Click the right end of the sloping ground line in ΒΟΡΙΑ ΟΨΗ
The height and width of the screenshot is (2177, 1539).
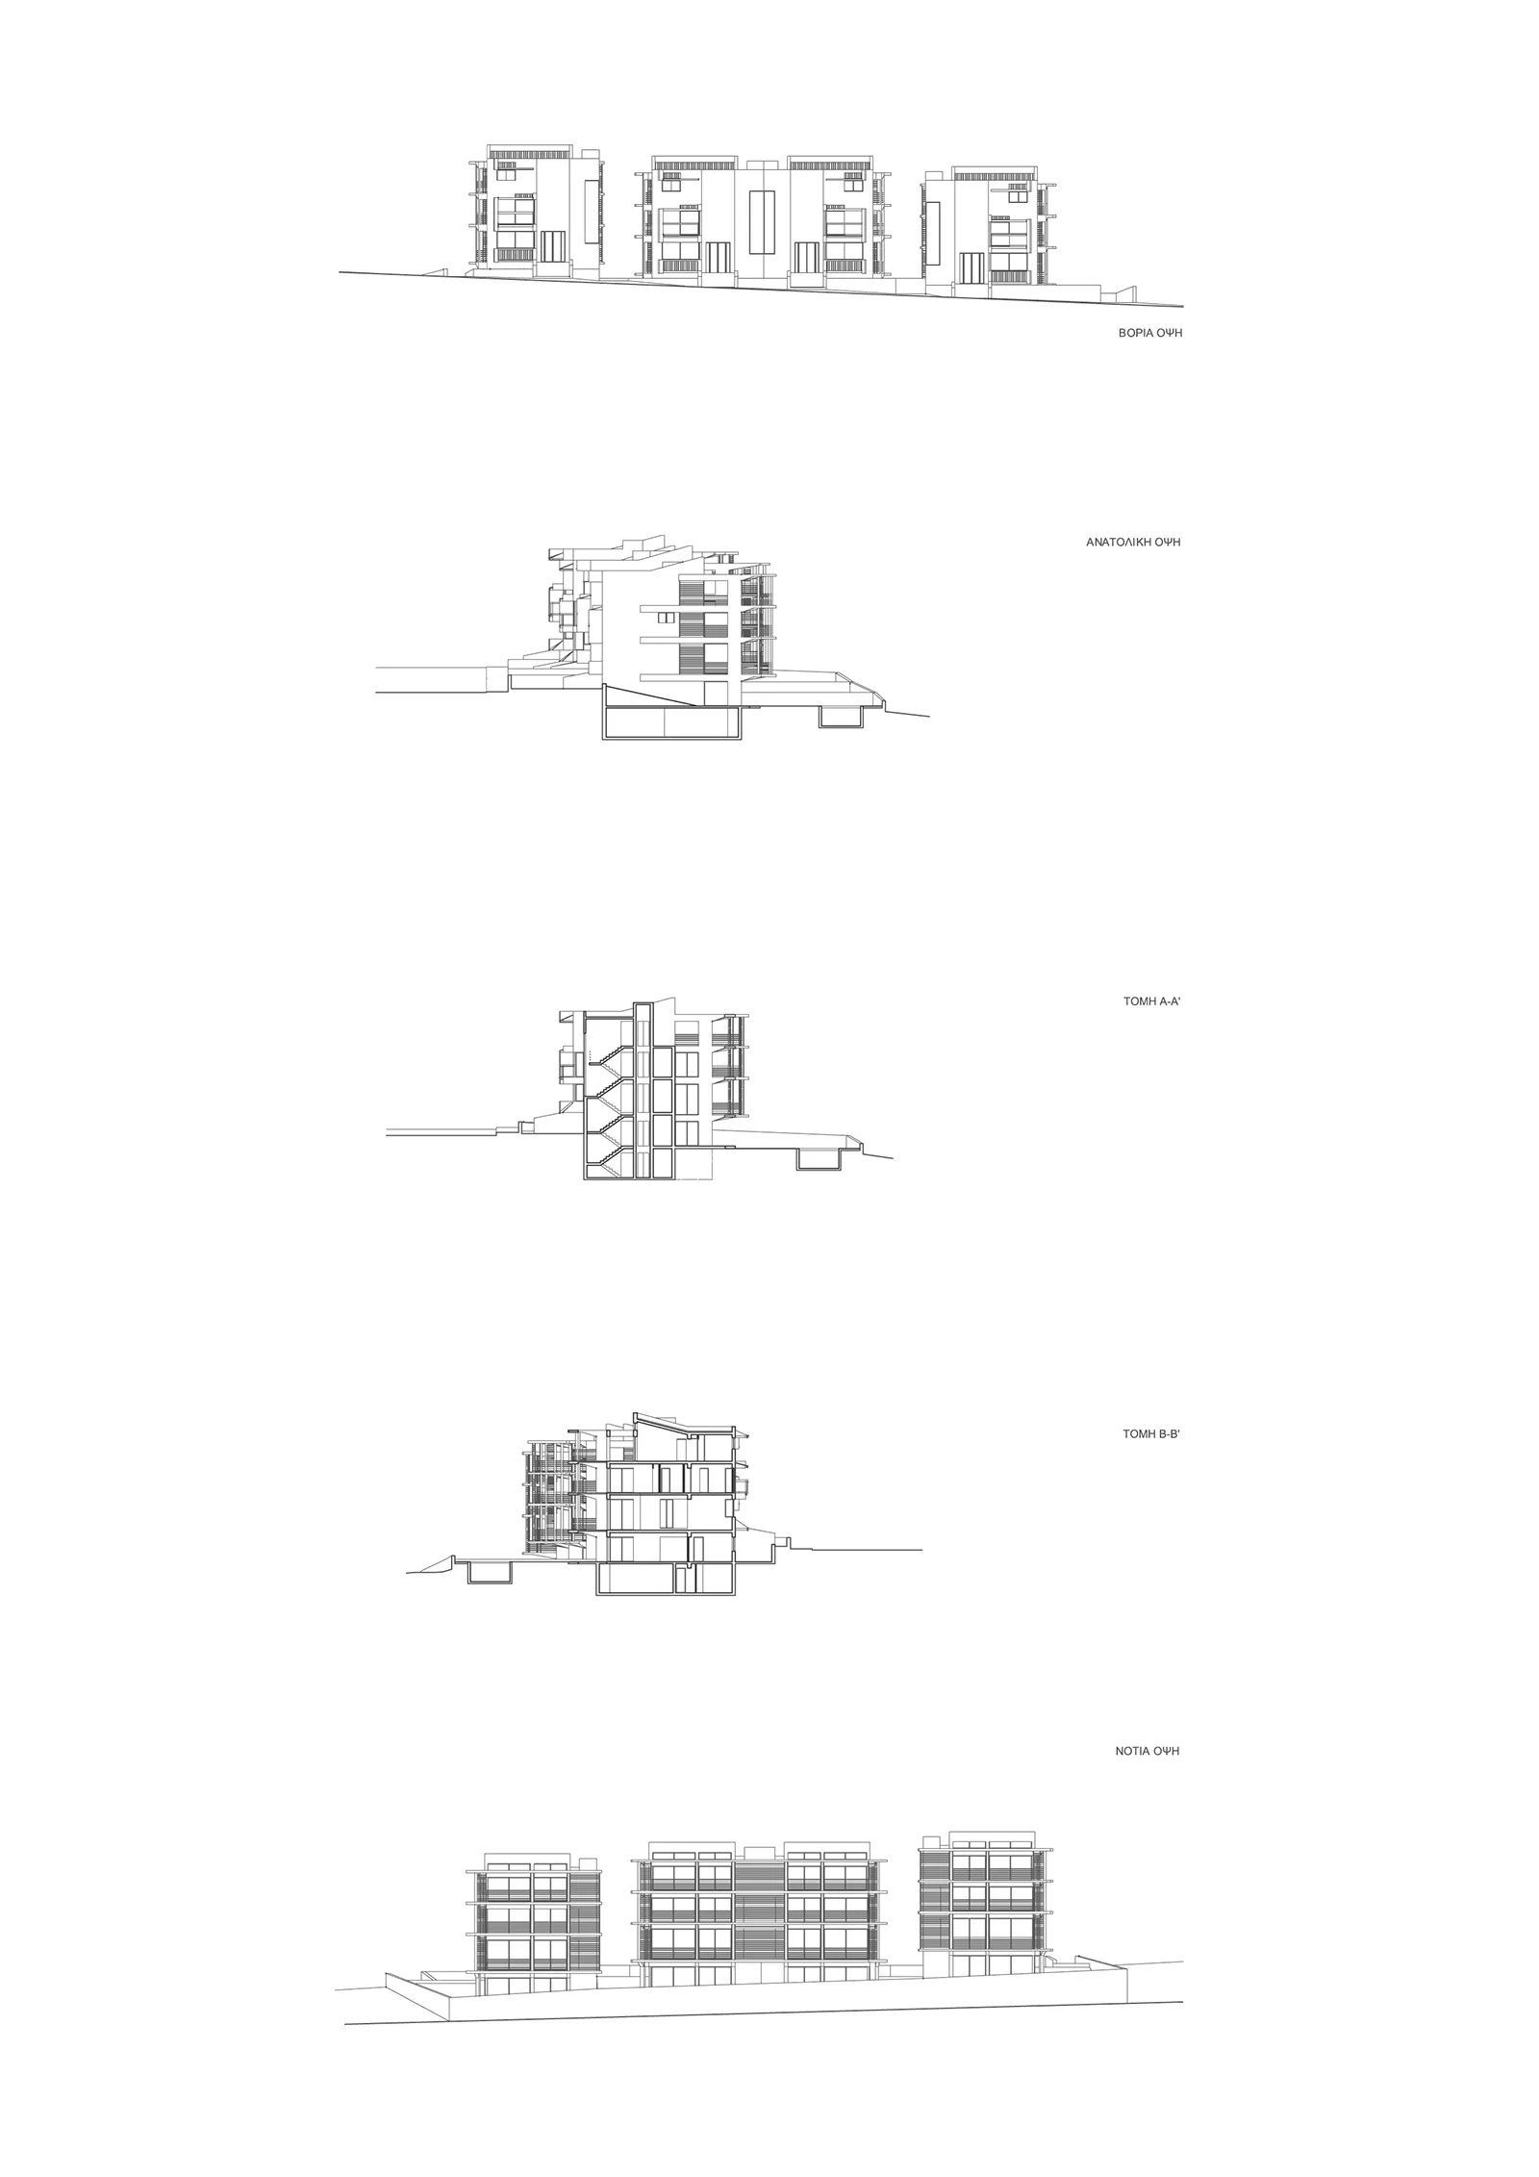pos(1183,307)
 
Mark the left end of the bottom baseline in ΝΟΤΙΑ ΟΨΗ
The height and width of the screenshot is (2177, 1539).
pos(344,1937)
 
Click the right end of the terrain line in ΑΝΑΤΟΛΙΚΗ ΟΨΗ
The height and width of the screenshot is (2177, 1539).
pos(930,715)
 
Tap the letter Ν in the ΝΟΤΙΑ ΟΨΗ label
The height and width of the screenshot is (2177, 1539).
pos(1120,1752)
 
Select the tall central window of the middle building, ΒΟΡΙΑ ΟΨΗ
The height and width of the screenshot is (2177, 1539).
pos(761,221)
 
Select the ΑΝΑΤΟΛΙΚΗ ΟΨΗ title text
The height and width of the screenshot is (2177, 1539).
pos(1133,542)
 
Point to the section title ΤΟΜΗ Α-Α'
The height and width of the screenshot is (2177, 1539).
pos(1151,1001)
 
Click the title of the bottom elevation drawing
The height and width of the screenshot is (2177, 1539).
pos(1148,1752)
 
